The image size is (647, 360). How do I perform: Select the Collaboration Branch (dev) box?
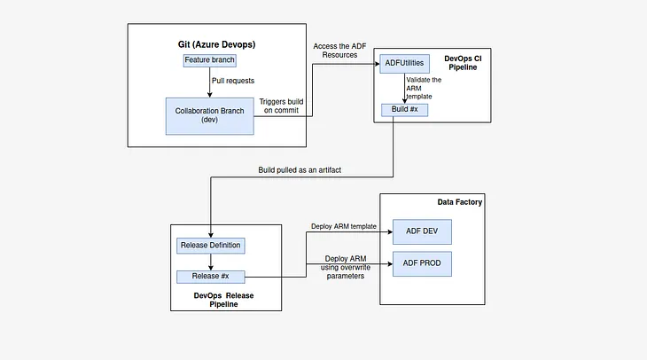tap(209, 114)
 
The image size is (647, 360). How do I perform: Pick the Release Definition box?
tap(210, 245)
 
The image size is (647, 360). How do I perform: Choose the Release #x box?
tap(209, 276)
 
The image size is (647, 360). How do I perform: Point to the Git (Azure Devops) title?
tap(217, 43)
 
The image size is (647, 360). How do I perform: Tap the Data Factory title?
tap(459, 202)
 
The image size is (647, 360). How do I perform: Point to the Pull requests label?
tap(234, 80)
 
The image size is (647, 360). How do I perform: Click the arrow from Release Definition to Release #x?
tap(210, 261)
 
